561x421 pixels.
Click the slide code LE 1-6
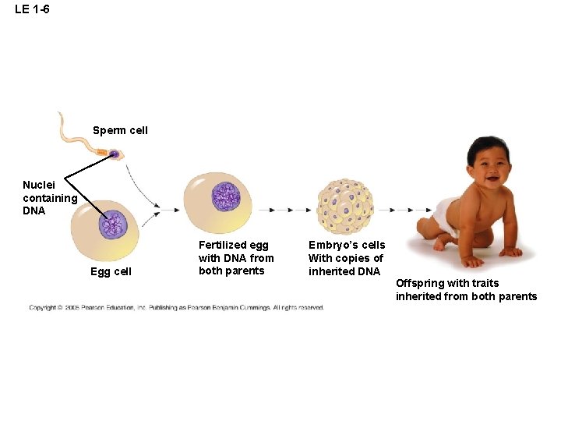(x=32, y=9)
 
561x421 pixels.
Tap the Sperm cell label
(x=120, y=130)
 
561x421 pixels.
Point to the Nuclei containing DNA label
(x=49, y=197)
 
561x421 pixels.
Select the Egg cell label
(x=111, y=271)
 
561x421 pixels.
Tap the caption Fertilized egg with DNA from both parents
(x=236, y=258)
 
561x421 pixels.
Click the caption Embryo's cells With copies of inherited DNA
(x=347, y=258)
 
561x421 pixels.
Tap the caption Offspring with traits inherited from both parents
(x=466, y=289)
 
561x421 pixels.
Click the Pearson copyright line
(x=176, y=308)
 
